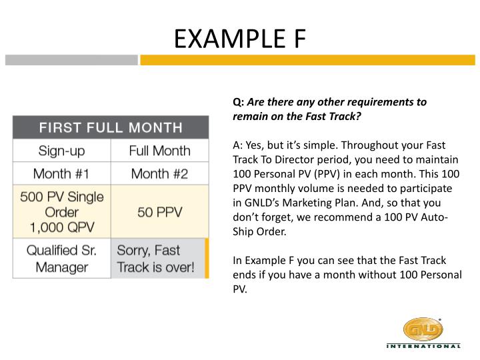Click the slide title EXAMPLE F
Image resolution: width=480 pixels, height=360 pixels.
239,39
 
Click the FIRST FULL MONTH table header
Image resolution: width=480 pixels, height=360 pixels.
110,127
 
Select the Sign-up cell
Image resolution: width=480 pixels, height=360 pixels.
61,151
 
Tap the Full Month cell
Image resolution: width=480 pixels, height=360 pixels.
159,151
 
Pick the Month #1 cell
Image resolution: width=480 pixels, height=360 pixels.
61,174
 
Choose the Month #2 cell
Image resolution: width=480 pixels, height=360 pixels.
159,174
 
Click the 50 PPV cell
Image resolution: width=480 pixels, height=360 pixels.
159,212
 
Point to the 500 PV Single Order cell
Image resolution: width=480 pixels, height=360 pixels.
61,212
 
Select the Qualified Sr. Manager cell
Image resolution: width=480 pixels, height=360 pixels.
61,259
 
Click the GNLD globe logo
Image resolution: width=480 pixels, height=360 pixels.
423,329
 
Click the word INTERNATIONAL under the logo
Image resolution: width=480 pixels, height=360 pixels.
423,346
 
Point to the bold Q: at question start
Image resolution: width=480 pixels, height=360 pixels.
238,103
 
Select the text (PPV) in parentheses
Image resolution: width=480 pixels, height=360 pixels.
331,174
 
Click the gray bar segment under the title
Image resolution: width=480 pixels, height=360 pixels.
71,60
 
